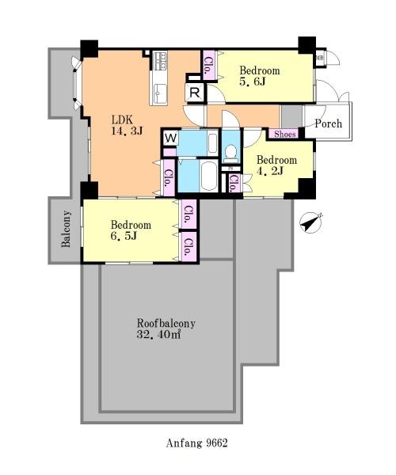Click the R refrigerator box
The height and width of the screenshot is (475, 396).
point(195,93)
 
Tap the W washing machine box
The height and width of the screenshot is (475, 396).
point(171,138)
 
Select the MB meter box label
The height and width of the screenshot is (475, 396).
point(319,57)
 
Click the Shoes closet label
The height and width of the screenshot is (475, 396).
point(285,135)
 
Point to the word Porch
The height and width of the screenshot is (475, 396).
point(328,123)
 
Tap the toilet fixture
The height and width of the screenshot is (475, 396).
point(231,152)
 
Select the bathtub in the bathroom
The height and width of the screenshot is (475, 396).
point(209,176)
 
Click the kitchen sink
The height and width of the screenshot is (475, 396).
point(160,93)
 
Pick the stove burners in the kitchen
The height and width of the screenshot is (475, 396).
point(160,61)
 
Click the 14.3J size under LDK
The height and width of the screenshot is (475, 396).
point(128,131)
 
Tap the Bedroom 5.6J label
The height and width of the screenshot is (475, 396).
point(260,76)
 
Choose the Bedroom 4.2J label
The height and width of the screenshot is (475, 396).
point(276,165)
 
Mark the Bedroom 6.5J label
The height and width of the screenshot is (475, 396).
point(131,230)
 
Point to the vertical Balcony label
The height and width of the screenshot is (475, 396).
point(66,229)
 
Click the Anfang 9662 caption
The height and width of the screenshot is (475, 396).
point(196,443)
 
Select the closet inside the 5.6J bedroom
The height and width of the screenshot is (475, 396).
point(209,65)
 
